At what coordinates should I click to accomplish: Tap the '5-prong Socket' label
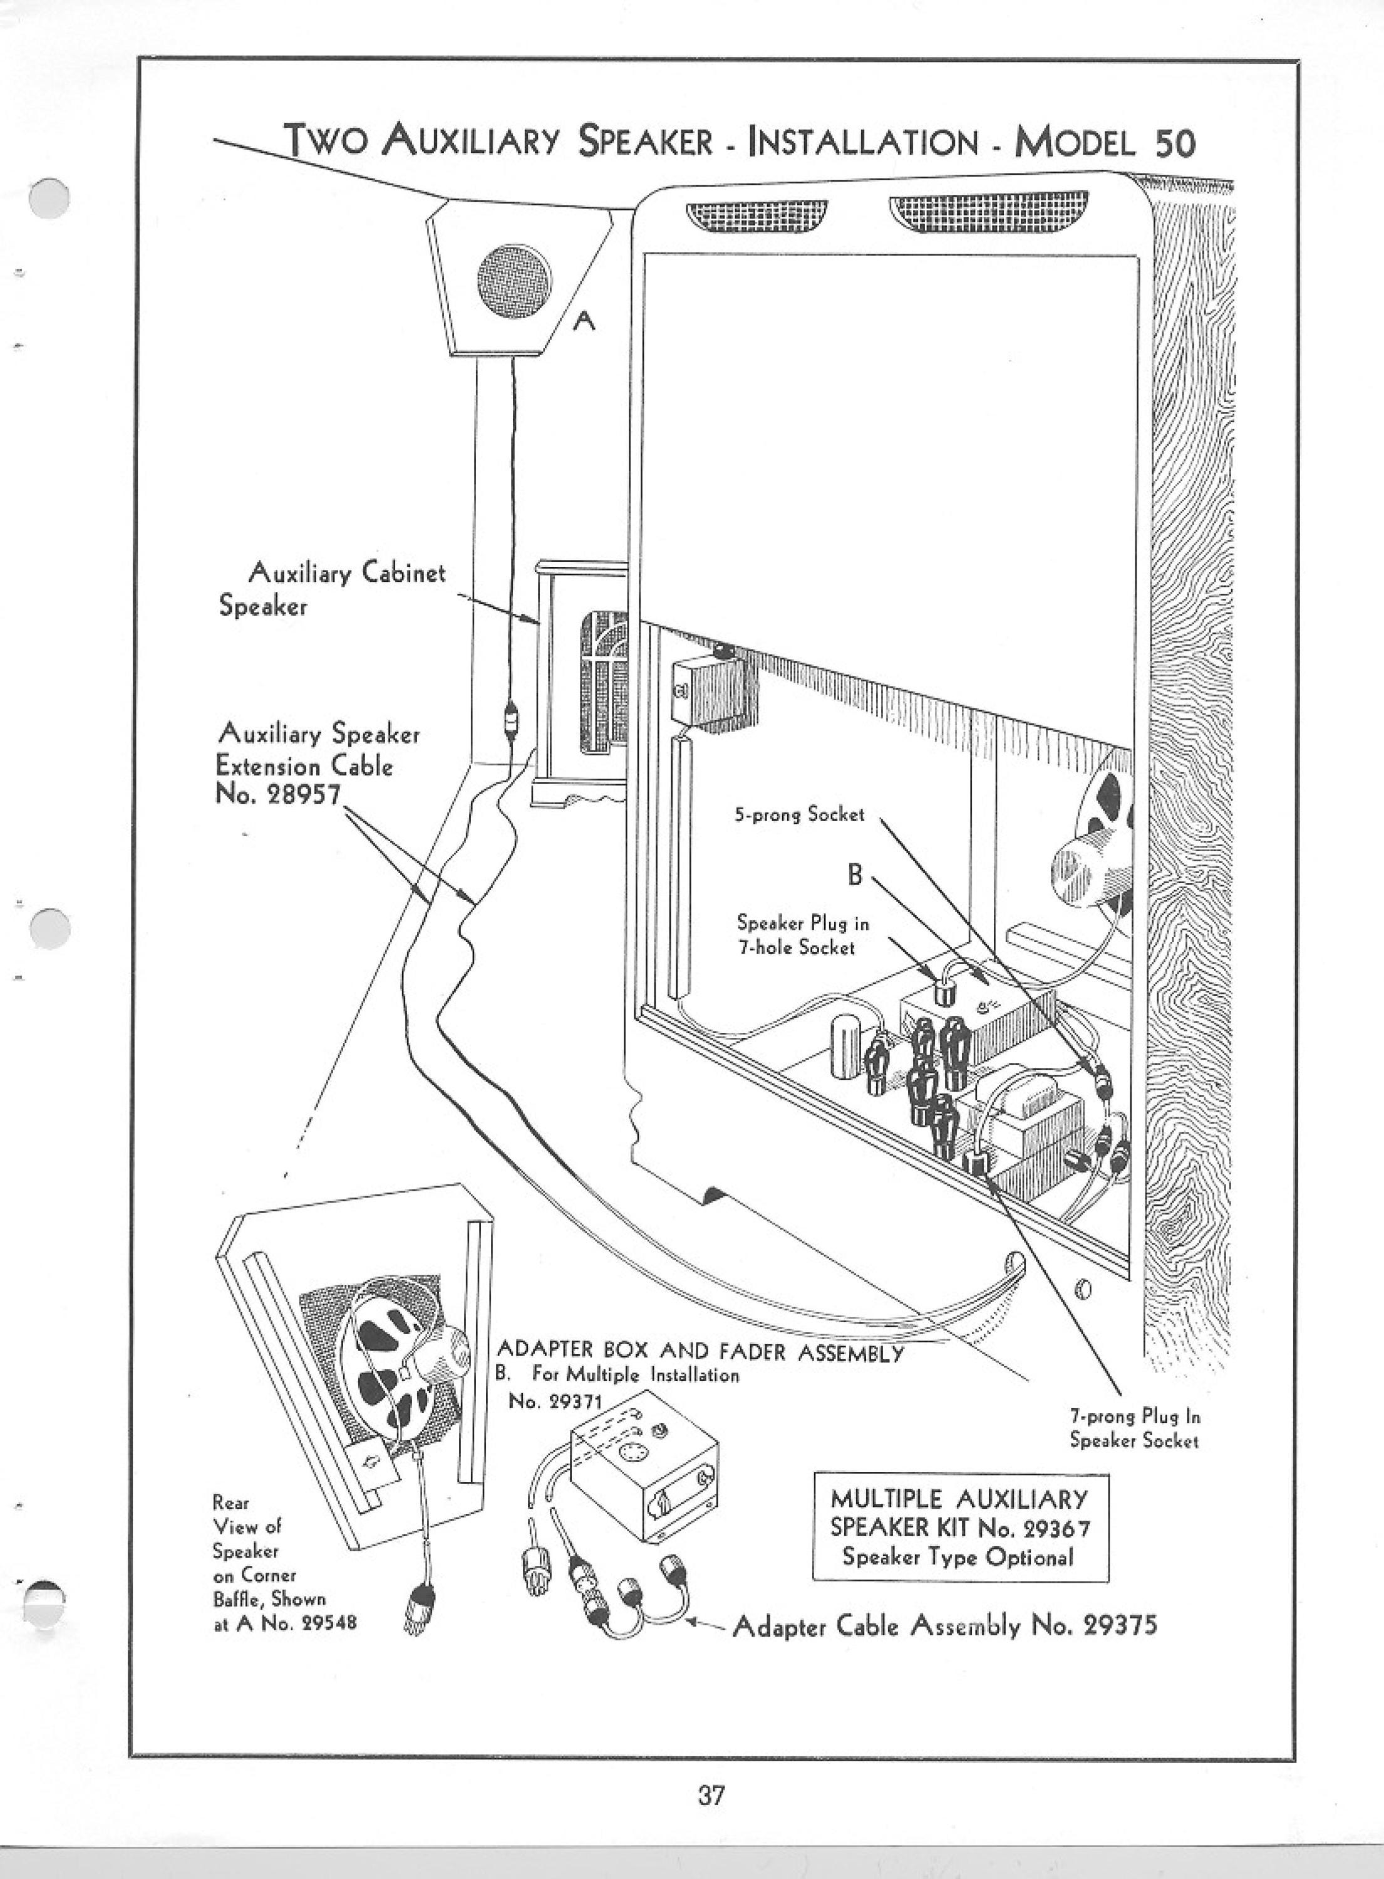[799, 814]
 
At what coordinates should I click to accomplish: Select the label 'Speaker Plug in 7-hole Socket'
[803, 935]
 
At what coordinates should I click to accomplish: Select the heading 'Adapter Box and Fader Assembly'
[700, 1351]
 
